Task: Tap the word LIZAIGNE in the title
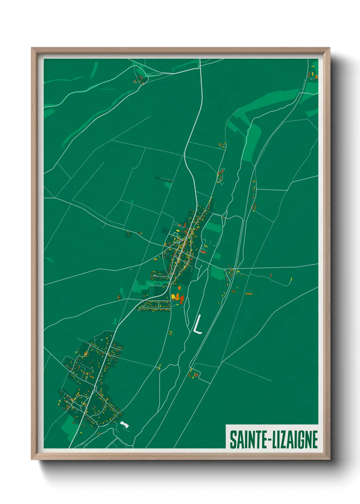(295, 440)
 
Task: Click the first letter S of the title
(233, 440)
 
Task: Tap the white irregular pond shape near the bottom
(125, 424)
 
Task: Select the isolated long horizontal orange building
(249, 294)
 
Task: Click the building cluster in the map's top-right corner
(313, 75)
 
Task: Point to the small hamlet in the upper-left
(140, 80)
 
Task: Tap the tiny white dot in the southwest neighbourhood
(102, 340)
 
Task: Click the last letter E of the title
(314, 440)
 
